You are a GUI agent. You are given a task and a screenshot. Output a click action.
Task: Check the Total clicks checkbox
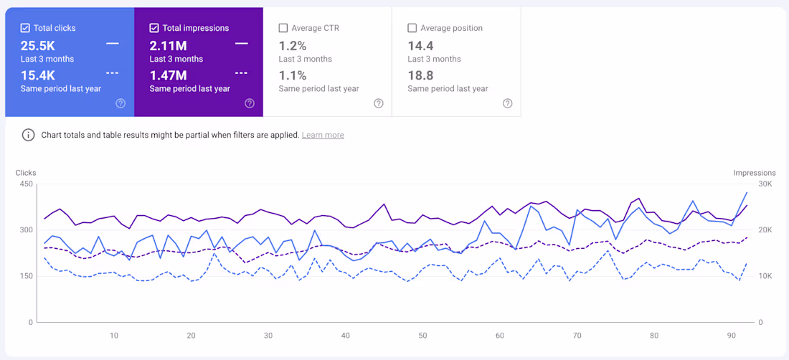click(x=25, y=28)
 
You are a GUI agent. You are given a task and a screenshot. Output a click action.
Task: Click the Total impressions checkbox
click(x=154, y=28)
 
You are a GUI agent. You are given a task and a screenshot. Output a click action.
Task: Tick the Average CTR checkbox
click(x=283, y=28)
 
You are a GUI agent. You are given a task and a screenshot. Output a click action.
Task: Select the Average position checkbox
click(x=412, y=28)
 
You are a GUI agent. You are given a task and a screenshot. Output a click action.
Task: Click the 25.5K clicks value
click(x=38, y=46)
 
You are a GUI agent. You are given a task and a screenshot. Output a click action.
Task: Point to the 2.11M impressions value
click(x=169, y=46)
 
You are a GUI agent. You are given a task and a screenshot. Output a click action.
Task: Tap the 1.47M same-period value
click(x=169, y=75)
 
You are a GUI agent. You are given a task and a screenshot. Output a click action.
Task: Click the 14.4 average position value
click(x=420, y=46)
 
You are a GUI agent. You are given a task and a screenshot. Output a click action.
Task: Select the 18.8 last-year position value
click(x=420, y=75)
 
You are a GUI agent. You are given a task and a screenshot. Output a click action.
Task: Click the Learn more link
click(x=323, y=135)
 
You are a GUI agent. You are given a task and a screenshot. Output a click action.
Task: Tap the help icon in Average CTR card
click(x=378, y=103)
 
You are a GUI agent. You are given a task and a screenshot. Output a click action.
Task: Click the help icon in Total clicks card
click(x=121, y=103)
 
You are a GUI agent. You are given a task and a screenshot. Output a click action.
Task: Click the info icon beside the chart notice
click(x=28, y=135)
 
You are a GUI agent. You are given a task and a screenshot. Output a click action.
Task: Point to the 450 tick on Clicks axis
click(x=26, y=184)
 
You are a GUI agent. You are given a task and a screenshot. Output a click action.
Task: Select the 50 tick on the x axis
click(x=422, y=336)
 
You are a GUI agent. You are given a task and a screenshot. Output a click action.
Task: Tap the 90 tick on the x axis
click(x=732, y=336)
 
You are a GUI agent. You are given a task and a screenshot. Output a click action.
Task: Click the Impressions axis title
click(x=754, y=173)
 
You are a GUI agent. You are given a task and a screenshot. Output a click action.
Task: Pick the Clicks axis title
click(x=26, y=173)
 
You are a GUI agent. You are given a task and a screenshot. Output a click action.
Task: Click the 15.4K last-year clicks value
click(x=38, y=75)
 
